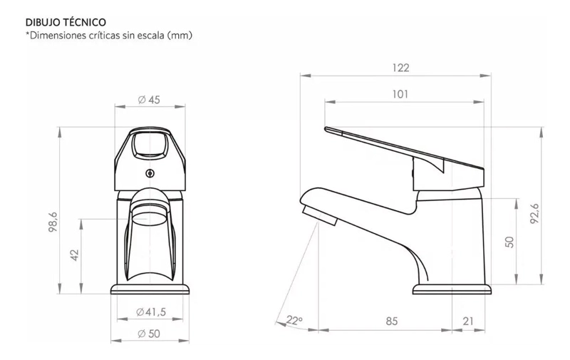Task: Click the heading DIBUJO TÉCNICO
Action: (66, 22)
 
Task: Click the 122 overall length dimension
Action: (400, 68)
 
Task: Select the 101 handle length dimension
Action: (400, 94)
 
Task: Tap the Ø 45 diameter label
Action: (150, 100)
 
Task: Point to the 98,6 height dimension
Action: (53, 222)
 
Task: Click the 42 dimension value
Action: (74, 254)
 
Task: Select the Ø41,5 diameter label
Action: (151, 312)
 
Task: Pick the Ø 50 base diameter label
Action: (149, 334)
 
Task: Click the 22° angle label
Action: (294, 320)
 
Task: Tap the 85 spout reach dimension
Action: (391, 322)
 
